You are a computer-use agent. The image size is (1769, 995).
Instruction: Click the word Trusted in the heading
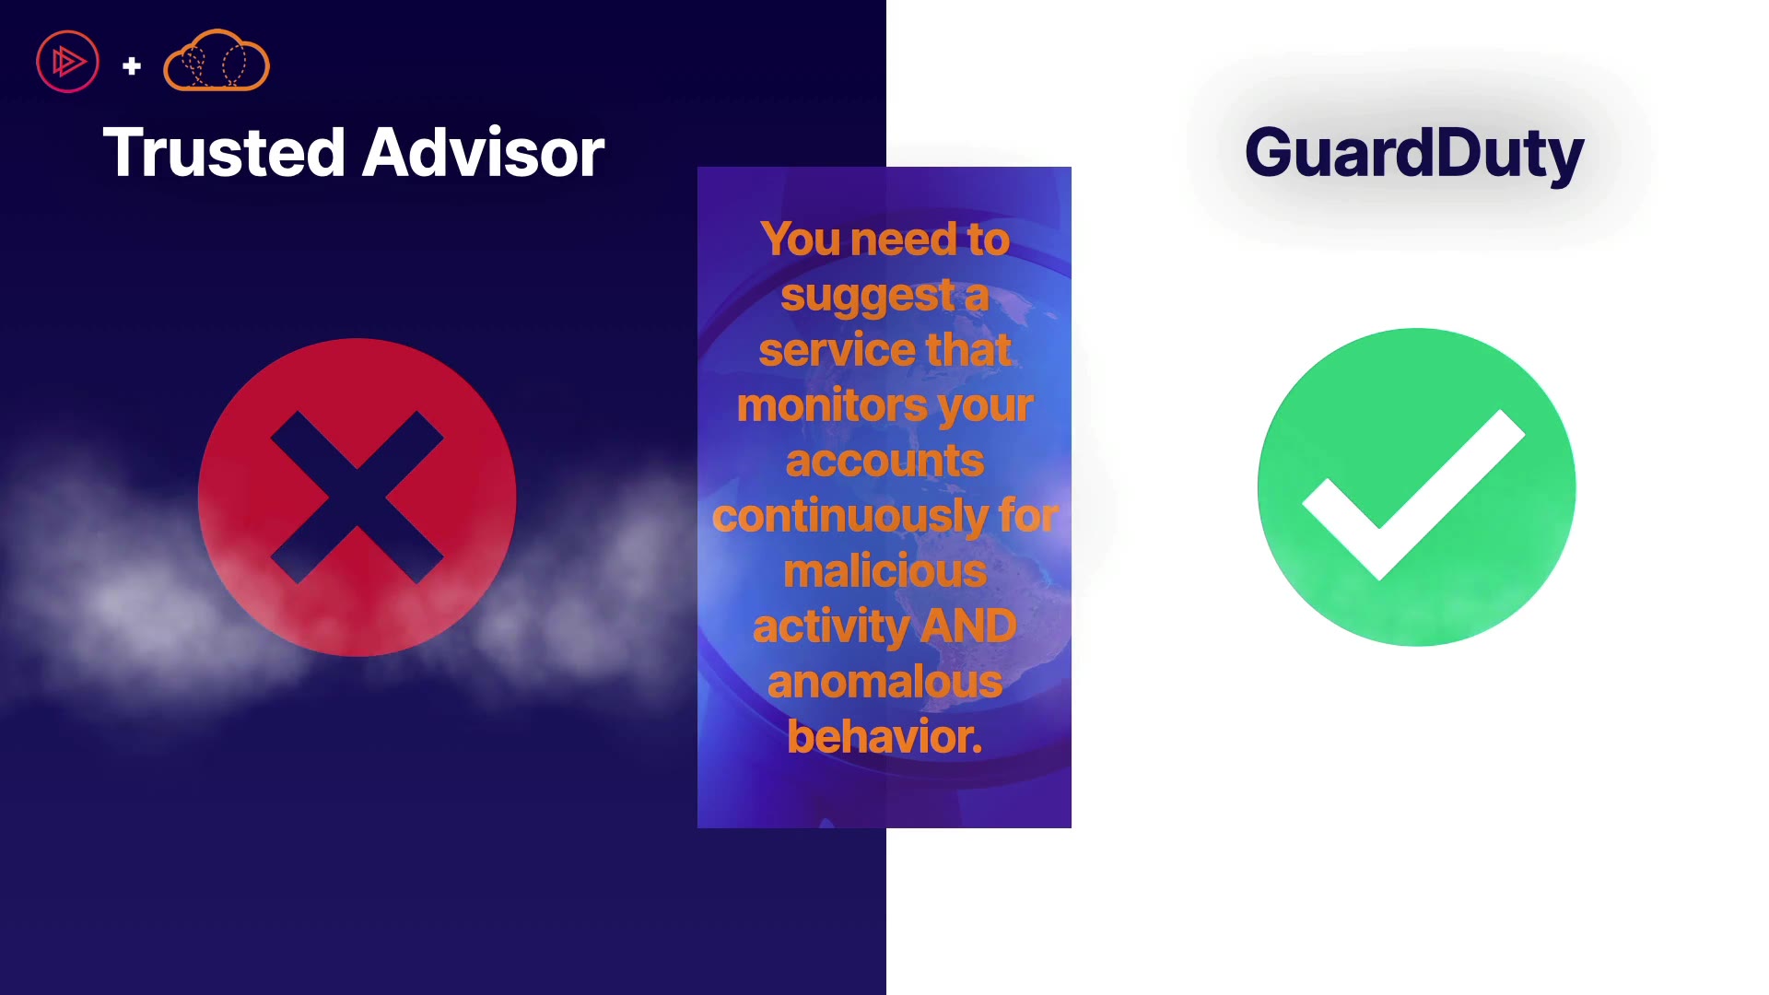(x=225, y=152)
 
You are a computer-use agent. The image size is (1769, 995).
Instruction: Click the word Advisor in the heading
(x=484, y=152)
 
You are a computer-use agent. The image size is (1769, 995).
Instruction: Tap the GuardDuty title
(x=1414, y=154)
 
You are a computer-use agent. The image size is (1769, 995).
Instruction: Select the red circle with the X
(x=357, y=497)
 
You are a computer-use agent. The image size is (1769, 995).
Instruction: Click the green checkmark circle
(x=1416, y=486)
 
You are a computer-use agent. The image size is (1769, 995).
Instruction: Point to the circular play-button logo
(x=67, y=62)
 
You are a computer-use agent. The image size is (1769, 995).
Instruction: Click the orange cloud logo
(x=217, y=61)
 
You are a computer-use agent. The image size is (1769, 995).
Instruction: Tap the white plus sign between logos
(x=132, y=65)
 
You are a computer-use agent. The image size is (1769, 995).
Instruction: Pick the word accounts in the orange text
(x=884, y=461)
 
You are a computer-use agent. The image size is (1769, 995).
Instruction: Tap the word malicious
(x=884, y=571)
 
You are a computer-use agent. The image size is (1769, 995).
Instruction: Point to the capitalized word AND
(x=968, y=626)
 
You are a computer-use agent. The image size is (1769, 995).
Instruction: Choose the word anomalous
(x=884, y=683)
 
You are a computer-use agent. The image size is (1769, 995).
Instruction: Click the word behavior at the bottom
(x=884, y=737)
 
